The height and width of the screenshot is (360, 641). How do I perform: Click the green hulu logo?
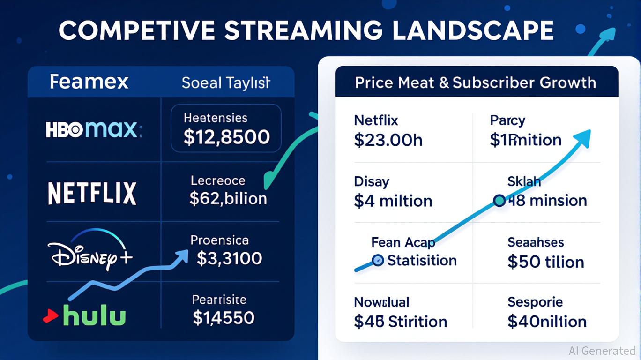pyautogui.click(x=94, y=316)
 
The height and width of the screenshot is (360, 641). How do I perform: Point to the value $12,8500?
pyautogui.click(x=226, y=136)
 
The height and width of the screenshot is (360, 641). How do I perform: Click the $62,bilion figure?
pyautogui.click(x=228, y=198)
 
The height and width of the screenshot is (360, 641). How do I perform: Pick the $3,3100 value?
pyautogui.click(x=229, y=258)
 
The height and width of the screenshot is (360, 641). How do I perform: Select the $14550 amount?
pyautogui.click(x=224, y=318)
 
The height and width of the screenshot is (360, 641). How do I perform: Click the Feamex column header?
pyautogui.click(x=89, y=82)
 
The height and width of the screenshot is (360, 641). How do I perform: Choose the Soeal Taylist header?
pyautogui.click(x=226, y=83)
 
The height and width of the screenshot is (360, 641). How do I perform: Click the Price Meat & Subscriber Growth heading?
pyautogui.click(x=475, y=83)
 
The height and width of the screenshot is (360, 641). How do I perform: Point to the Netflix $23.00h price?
pyautogui.click(x=388, y=140)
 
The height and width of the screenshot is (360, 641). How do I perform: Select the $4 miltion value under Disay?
pyautogui.click(x=393, y=201)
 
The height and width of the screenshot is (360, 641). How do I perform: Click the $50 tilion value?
pyautogui.click(x=546, y=262)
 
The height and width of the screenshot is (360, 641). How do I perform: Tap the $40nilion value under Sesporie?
pyautogui.click(x=547, y=322)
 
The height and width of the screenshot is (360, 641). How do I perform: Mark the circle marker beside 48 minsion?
pyautogui.click(x=499, y=201)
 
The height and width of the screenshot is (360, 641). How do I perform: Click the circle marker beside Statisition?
pyautogui.click(x=377, y=260)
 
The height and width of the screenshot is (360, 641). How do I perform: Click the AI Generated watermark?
pyautogui.click(x=602, y=351)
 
